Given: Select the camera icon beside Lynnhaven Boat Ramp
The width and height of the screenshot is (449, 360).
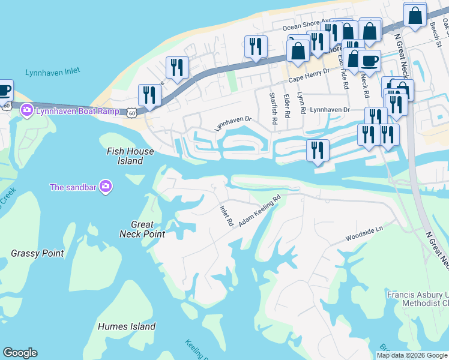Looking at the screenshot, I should pyautogui.click(x=26, y=110).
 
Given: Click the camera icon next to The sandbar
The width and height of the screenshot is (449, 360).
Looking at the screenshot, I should pyautogui.click(x=106, y=187).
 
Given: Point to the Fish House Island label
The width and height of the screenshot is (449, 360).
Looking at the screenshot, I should pyautogui.click(x=130, y=156).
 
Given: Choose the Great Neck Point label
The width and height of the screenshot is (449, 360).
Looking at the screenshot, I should pyautogui.click(x=142, y=229).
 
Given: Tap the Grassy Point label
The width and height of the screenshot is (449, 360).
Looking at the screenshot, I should pyautogui.click(x=37, y=253).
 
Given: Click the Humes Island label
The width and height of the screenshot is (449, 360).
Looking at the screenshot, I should pyautogui.click(x=127, y=326).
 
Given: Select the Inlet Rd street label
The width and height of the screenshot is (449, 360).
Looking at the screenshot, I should pyautogui.click(x=226, y=215).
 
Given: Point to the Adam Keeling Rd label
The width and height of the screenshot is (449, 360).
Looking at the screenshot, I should pyautogui.click(x=260, y=210).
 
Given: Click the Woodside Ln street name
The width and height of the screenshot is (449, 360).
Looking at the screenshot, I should pyautogui.click(x=364, y=234).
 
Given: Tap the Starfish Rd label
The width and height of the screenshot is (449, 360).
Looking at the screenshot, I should pyautogui.click(x=273, y=108).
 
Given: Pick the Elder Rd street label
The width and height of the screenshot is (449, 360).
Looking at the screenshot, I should pyautogui.click(x=287, y=106).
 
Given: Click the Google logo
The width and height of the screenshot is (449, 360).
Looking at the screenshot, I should pyautogui.click(x=20, y=353).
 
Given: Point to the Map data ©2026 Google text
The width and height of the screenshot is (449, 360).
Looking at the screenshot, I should pyautogui.click(x=412, y=355).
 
